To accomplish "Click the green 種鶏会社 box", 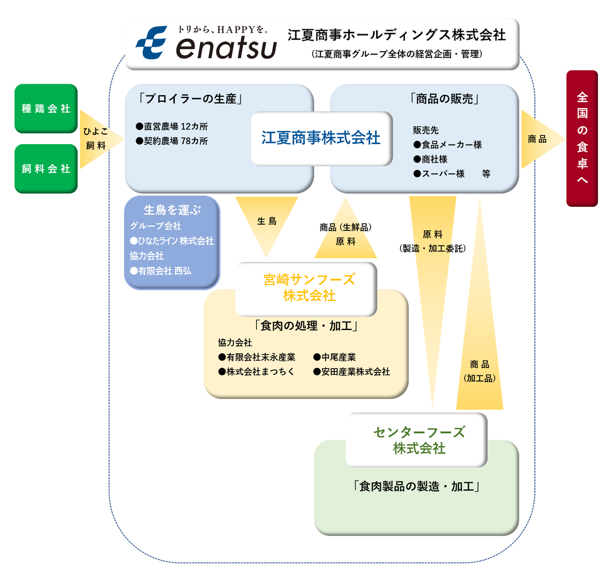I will point(46,109).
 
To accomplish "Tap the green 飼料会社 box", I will point(46,169).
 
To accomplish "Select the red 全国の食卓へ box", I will point(582,138).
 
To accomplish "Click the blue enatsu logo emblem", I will point(152,43).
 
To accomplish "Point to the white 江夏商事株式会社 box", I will point(321,138).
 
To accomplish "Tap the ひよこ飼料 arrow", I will point(96,139).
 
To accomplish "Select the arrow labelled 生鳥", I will point(266,221).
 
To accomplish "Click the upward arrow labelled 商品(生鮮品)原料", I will point(346,234).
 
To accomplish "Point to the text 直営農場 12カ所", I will point(172,126).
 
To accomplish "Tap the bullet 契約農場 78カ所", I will point(172,141).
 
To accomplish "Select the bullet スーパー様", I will point(439,174).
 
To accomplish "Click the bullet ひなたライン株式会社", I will point(172,241).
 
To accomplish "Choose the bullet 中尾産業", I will point(335,357).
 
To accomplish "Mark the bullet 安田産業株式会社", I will point(351,372).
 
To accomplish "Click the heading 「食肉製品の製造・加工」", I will point(416,487).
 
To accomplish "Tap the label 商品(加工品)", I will point(480,371).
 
